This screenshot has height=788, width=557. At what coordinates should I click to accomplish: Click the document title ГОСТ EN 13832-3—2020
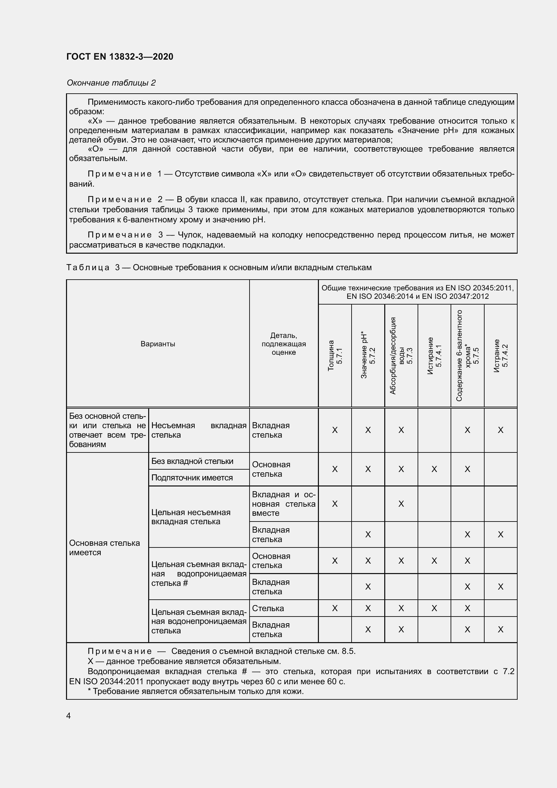pyautogui.click(x=120, y=57)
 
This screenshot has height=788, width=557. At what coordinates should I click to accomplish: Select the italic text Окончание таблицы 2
pyautogui.click(x=111, y=83)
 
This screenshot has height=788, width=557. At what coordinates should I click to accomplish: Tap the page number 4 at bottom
pyautogui.click(x=69, y=716)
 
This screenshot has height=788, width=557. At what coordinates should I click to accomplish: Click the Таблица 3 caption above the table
pyautogui.click(x=219, y=267)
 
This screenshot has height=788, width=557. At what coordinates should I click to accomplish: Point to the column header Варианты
pyautogui.click(x=158, y=344)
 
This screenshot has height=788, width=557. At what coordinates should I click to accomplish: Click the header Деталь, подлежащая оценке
pyautogui.click(x=284, y=344)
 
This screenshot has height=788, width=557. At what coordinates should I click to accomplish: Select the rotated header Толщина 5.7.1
pyautogui.click(x=335, y=355)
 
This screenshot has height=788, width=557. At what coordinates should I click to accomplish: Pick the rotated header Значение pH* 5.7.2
pyautogui.click(x=368, y=355)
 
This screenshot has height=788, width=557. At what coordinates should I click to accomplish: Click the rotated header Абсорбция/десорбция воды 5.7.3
pyautogui.click(x=401, y=355)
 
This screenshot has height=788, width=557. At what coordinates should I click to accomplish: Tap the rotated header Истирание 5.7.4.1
pyautogui.click(x=434, y=355)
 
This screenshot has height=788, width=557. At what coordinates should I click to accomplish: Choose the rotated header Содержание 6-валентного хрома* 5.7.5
pyautogui.click(x=467, y=355)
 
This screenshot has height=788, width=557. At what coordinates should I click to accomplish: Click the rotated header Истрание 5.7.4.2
pyautogui.click(x=501, y=355)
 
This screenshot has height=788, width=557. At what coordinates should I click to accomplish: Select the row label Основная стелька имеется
pyautogui.click(x=104, y=547)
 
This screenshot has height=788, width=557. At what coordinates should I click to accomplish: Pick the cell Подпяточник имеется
pyautogui.click(x=192, y=477)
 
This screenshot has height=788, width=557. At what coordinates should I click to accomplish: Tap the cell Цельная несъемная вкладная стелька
pyautogui.click(x=191, y=517)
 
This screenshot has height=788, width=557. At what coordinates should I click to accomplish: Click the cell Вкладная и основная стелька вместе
pyautogui.click(x=284, y=504)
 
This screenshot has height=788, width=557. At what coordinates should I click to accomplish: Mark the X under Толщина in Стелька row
pyautogui.click(x=335, y=608)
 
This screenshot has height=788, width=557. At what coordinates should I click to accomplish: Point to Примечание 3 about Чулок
pyautogui.click(x=292, y=240)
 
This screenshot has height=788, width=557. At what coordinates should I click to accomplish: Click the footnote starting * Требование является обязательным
pyautogui.click(x=196, y=691)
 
